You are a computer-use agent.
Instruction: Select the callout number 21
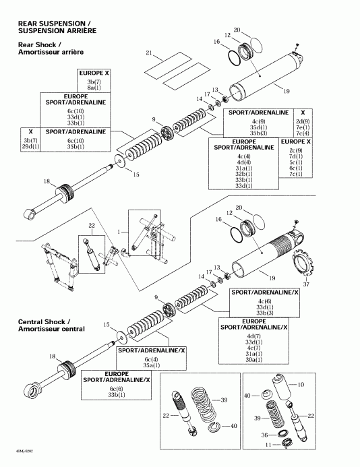[150, 52]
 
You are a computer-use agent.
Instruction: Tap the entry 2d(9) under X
[303, 121]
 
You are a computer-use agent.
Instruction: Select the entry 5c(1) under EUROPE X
[295, 162]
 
